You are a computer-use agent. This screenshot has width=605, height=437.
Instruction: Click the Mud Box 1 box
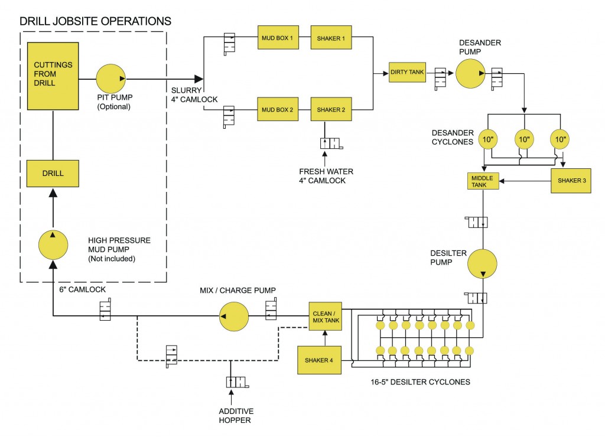tap(277, 38)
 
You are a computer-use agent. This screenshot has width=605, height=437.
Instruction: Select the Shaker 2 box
tap(330, 110)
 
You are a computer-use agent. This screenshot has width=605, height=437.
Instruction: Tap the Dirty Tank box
tap(407, 73)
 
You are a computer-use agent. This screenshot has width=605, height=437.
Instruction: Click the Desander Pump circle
tap(470, 73)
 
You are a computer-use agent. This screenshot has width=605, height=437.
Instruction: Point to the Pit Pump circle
tap(112, 79)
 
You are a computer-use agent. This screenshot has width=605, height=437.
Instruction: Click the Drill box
tap(53, 173)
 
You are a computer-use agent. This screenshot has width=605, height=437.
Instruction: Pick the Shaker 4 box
tap(320, 360)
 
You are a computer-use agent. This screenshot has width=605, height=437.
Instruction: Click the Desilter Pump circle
tap(483, 263)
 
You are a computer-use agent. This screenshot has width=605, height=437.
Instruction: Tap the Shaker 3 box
tap(570, 181)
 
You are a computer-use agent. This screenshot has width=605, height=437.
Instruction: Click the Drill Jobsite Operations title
tap(95, 21)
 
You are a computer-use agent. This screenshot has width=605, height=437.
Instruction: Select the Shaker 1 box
tap(330, 38)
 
